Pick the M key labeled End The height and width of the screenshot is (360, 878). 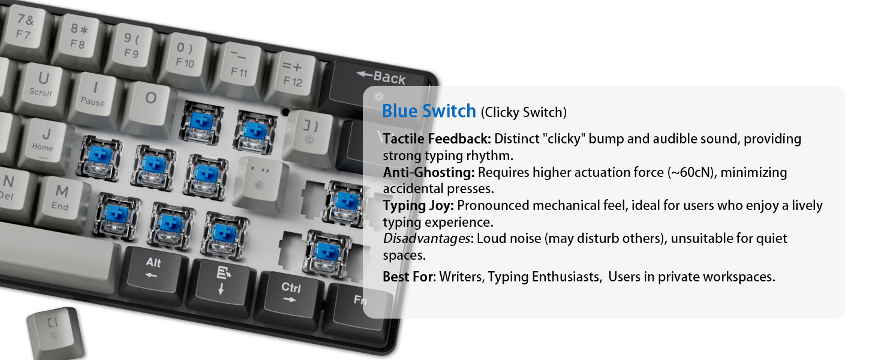pos(61,197)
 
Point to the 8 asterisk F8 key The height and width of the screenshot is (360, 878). pos(79,37)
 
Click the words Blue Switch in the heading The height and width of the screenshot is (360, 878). pos(429,111)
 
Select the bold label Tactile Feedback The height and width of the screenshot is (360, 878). pos(437,139)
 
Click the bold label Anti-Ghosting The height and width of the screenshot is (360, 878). pos(429,172)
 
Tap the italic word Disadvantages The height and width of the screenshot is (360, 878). pos(426,239)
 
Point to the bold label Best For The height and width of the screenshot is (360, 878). pos(408,277)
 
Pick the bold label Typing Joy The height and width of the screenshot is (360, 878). pos(419,205)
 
